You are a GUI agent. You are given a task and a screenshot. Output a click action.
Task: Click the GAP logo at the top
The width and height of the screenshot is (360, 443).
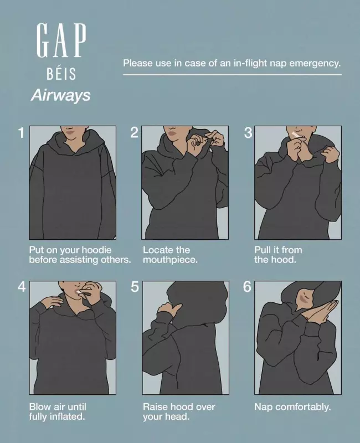[61, 40]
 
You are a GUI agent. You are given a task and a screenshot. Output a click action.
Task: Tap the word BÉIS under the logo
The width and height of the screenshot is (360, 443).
[61, 74]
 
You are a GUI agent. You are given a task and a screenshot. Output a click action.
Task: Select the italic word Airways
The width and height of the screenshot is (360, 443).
[60, 95]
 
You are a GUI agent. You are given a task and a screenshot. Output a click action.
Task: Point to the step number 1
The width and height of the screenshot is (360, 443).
[21, 133]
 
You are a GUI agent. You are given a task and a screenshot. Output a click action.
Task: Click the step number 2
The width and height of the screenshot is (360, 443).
[134, 133]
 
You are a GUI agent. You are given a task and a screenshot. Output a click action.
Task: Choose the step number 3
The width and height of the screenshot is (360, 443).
[248, 133]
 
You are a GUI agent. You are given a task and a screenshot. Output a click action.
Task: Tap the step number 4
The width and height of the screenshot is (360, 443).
[22, 287]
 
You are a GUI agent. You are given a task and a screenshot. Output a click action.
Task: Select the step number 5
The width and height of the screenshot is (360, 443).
[135, 287]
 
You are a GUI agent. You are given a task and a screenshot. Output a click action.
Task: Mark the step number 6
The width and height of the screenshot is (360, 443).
[247, 287]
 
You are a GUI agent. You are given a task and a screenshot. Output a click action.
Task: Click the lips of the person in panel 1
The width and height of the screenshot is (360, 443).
[70, 131]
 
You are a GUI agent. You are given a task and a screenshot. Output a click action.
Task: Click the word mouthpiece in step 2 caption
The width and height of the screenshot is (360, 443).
[170, 260]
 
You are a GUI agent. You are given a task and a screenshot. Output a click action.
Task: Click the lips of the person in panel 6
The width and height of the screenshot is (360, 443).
[304, 297]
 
